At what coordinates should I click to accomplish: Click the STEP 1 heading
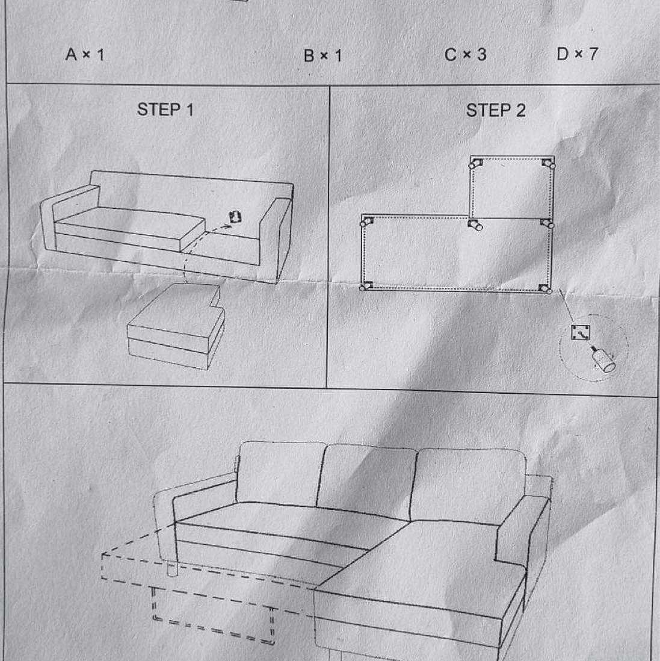[165, 110]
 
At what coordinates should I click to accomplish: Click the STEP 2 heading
[496, 110]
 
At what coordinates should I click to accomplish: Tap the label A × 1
[85, 54]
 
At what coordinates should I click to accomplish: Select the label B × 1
[322, 55]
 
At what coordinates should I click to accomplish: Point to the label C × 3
[466, 55]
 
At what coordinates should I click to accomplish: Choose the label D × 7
[577, 54]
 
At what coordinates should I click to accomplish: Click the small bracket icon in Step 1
[235, 217]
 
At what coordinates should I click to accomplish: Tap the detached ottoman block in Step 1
[176, 326]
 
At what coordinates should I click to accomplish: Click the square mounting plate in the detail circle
[581, 333]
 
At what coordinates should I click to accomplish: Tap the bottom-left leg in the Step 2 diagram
[366, 286]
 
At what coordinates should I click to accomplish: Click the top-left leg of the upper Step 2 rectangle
[475, 164]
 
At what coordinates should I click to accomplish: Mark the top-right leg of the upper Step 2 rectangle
[548, 164]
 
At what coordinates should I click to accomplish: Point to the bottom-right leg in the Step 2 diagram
[545, 289]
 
